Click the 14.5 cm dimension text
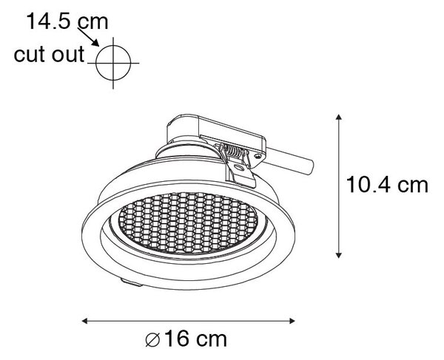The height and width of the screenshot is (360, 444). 67,21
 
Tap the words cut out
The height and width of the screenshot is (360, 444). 49,54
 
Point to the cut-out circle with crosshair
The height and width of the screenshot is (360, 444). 113,63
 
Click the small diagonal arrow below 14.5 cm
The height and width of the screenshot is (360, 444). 88,37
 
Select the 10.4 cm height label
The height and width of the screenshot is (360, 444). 387,185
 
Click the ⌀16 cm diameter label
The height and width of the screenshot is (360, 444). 186,339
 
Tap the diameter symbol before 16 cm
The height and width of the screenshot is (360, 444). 153,339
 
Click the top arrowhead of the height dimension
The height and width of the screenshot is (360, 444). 338,117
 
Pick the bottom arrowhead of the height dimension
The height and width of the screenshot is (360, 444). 338,254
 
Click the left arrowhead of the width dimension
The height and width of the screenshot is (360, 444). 85,321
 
